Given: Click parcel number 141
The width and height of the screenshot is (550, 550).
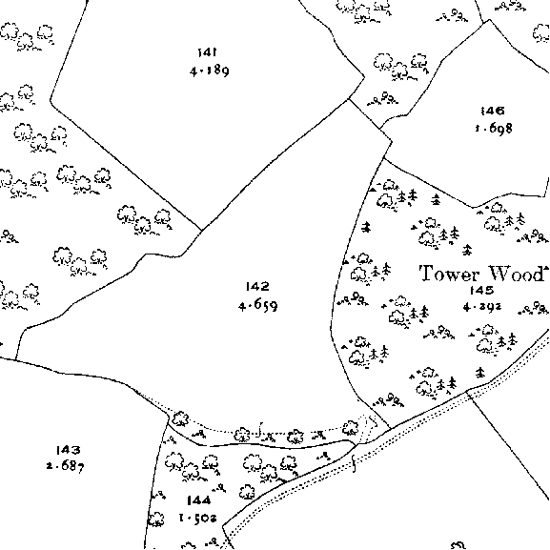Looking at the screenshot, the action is (207, 52).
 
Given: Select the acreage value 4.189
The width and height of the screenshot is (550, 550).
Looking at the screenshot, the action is (210, 71).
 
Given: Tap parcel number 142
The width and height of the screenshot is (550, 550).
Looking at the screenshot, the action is (257, 287).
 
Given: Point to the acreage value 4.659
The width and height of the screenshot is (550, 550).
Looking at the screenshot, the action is (258, 305).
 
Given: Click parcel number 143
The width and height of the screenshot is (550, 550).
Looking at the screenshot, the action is (68, 450).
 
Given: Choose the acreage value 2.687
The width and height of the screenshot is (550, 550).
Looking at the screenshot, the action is (65, 466).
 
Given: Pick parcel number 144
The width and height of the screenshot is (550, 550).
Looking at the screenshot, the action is (199, 500).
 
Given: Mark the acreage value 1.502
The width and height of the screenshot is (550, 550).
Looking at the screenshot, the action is (198, 518).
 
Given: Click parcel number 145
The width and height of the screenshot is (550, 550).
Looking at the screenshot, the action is (482, 290).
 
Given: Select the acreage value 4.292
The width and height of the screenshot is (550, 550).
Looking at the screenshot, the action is (482, 307).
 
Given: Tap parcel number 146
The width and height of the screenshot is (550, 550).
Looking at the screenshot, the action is (493, 111).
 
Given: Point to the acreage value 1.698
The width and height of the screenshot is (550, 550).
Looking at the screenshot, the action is (494, 128).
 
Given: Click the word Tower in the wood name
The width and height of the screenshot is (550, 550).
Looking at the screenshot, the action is (450, 274).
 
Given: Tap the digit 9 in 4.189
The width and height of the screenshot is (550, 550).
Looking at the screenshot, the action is (225, 71).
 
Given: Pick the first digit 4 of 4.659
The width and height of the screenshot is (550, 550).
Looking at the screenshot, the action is (242, 306).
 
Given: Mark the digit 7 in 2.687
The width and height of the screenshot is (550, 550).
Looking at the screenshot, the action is (80, 468).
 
